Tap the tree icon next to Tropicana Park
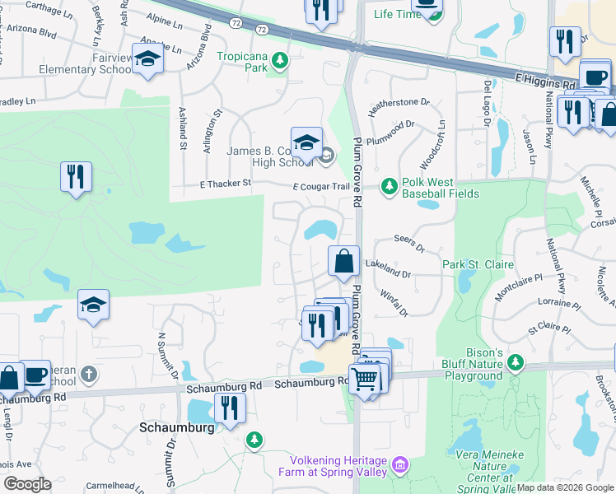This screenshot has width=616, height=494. [x=280, y=59]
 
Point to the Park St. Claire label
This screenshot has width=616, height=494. [x=478, y=264]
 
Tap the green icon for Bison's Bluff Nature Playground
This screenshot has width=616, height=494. [x=516, y=361]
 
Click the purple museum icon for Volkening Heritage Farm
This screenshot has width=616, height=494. [x=400, y=466]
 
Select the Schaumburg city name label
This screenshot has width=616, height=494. [x=176, y=428]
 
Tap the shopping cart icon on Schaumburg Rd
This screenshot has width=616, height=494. [x=365, y=380]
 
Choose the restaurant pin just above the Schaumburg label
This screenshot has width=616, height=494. [x=230, y=408]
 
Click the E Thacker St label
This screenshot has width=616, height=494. [x=225, y=184]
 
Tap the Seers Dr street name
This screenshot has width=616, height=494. [x=408, y=246]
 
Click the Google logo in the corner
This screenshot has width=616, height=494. [x=28, y=483]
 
